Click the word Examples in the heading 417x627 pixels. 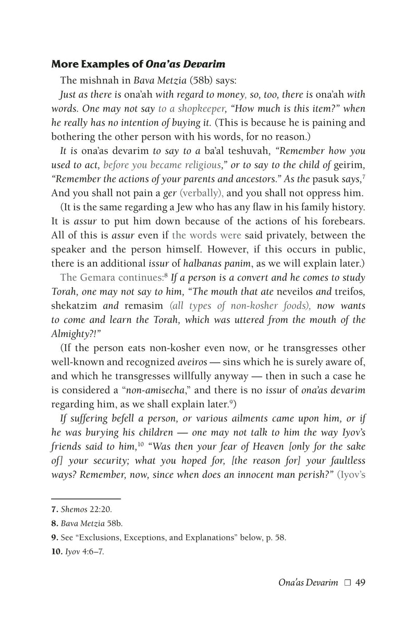click(x=100, y=65)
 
